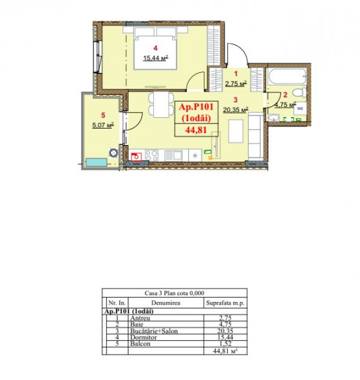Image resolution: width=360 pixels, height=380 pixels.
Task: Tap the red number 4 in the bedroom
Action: tap(156, 47)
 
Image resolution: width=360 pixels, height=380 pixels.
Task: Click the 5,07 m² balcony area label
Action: tap(102, 125)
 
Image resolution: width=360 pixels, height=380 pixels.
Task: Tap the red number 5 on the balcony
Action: tap(103, 115)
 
